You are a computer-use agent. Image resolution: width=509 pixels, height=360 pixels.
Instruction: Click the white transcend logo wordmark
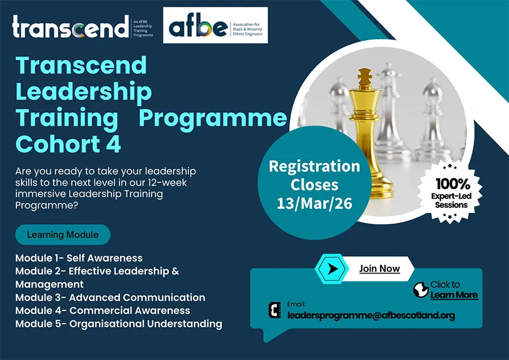71,26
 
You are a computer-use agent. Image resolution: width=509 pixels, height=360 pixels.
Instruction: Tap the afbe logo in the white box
199,28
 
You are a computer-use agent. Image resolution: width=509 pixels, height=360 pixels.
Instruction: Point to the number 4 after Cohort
114,144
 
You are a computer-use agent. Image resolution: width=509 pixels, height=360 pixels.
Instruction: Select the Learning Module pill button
63,234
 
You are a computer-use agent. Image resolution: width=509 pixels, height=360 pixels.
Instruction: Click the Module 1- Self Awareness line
79,258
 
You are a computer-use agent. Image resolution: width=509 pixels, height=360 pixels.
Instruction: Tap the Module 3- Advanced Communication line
110,297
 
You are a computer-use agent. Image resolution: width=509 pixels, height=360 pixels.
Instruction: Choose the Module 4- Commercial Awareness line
102,311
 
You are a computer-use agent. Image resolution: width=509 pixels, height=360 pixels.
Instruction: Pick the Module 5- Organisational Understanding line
119,324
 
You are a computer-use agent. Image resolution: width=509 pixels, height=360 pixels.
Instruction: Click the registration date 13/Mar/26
314,204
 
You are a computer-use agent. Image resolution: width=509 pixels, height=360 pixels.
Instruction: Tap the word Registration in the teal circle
314,166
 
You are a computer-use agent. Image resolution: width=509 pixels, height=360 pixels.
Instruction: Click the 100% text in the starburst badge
452,184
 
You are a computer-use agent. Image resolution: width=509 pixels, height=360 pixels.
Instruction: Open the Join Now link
379,269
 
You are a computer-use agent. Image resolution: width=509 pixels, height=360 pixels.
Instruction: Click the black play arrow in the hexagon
332,269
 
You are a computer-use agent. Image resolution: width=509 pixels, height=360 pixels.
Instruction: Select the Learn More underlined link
454,295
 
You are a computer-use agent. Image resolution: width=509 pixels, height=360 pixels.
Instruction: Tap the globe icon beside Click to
421,289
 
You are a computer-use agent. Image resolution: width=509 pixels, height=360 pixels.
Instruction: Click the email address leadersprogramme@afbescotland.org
371,315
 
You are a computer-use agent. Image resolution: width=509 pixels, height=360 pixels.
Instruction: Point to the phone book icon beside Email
275,310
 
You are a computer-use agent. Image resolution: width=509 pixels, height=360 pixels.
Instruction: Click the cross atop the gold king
365,76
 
